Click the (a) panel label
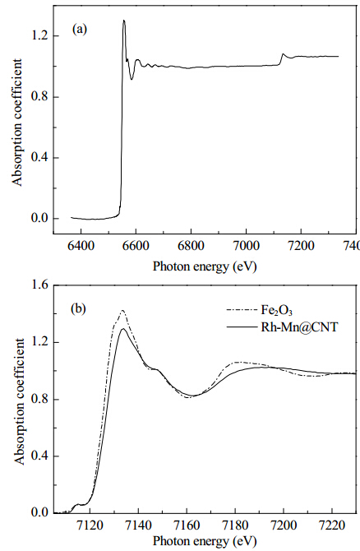pos(80,29)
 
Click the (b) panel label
pos(78,309)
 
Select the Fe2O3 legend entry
pos(260,311)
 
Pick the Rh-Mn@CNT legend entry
pos(282,327)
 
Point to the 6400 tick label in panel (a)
pos(81,246)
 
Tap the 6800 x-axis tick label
pos(191,246)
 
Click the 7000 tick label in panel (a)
pos(246,246)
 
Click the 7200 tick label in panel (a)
pos(301,246)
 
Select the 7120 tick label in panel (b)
pos(90,526)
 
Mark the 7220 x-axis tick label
pos(332,526)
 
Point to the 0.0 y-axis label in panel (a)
pos(39,219)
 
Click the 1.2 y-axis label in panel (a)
pos(39,36)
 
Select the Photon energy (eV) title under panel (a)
pos(205,266)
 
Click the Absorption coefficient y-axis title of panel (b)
pos(21,402)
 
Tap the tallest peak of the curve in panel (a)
pos(124,21)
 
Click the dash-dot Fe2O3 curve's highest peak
pos(122,310)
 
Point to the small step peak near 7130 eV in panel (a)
pos(283,53)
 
